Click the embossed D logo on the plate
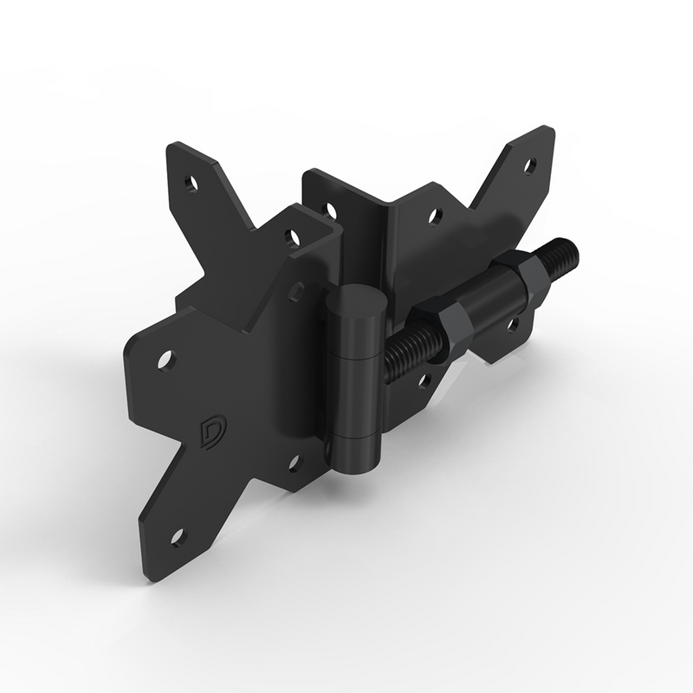click(x=210, y=431)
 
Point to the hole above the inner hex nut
click(x=436, y=215)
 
